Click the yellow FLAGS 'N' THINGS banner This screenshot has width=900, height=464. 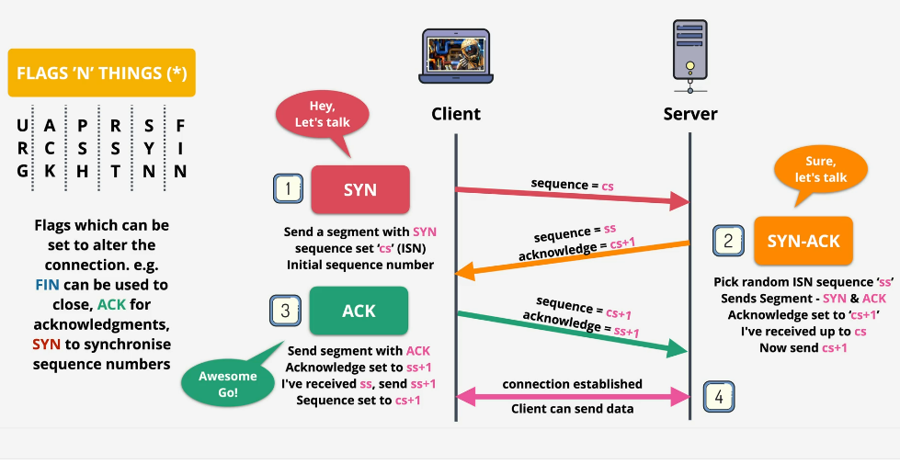[x=101, y=73]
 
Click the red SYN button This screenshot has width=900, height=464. [x=359, y=190]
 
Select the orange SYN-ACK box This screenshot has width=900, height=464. [x=803, y=242]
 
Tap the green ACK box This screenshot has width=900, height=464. [x=359, y=311]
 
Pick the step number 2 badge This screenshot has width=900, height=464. [x=728, y=241]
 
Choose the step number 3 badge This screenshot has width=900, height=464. [x=285, y=311]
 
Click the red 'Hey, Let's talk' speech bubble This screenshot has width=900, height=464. [x=322, y=115]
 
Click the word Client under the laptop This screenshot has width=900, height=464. [x=456, y=114]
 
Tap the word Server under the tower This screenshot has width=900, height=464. [x=690, y=114]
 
